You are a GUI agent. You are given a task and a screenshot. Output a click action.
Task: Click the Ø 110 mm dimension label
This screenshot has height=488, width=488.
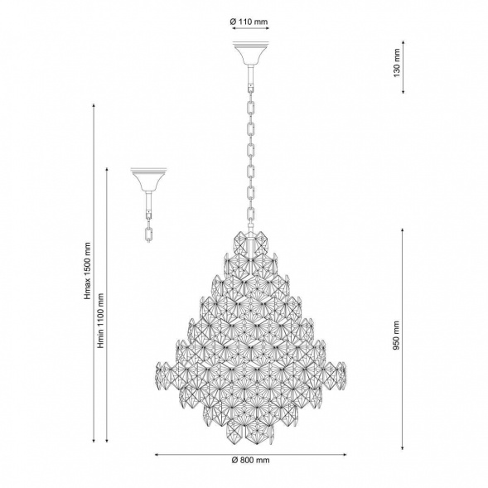pos(249,22)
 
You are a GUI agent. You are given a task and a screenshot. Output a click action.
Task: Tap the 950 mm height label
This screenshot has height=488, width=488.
pos(396,336)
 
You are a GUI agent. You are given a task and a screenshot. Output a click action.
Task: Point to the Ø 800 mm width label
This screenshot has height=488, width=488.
pos(250,460)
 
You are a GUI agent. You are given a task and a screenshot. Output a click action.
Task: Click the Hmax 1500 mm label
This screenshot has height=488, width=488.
pos(88,271)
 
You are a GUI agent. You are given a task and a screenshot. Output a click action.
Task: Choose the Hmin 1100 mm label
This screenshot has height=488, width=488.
pos(100,321)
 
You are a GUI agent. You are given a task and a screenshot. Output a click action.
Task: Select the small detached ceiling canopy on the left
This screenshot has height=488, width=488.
pos(149,180)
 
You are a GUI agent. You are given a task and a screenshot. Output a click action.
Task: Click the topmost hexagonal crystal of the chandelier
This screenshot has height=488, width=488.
pos(251,245)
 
